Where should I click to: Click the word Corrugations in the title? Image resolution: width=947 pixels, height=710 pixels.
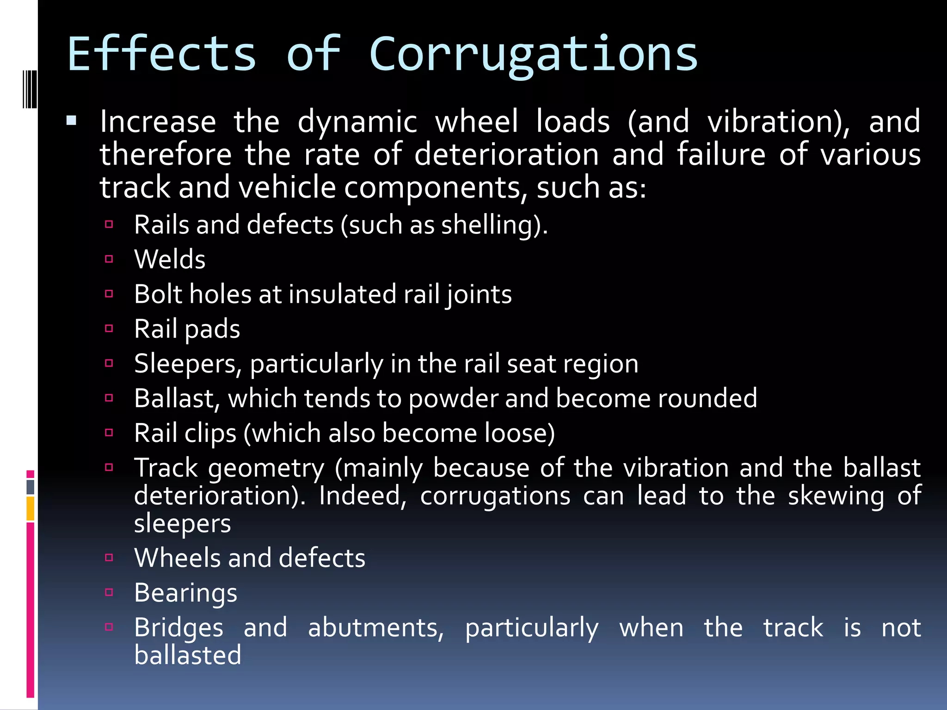[533, 55]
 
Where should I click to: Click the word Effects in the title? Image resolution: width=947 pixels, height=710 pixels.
[162, 55]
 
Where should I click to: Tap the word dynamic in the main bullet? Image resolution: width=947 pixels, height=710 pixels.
[357, 122]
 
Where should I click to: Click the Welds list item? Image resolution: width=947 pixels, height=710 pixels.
[170, 259]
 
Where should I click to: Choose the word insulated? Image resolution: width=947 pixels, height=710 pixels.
[342, 294]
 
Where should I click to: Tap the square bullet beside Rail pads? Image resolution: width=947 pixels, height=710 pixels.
[109, 329]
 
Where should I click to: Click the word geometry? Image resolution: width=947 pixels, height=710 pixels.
[266, 468]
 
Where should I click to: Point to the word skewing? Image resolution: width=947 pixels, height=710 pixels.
[836, 496]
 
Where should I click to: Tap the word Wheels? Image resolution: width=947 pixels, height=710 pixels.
[176, 558]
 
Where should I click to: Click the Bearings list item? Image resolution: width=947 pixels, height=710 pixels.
[185, 593]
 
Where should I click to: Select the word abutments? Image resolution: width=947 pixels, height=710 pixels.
[375, 628]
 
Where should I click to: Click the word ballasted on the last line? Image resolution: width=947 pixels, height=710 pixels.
[188, 655]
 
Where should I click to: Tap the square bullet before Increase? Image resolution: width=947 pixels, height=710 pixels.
[71, 122]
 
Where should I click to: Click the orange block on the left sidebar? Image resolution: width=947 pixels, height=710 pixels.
[31, 508]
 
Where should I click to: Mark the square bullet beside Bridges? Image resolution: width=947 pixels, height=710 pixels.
[109, 627]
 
